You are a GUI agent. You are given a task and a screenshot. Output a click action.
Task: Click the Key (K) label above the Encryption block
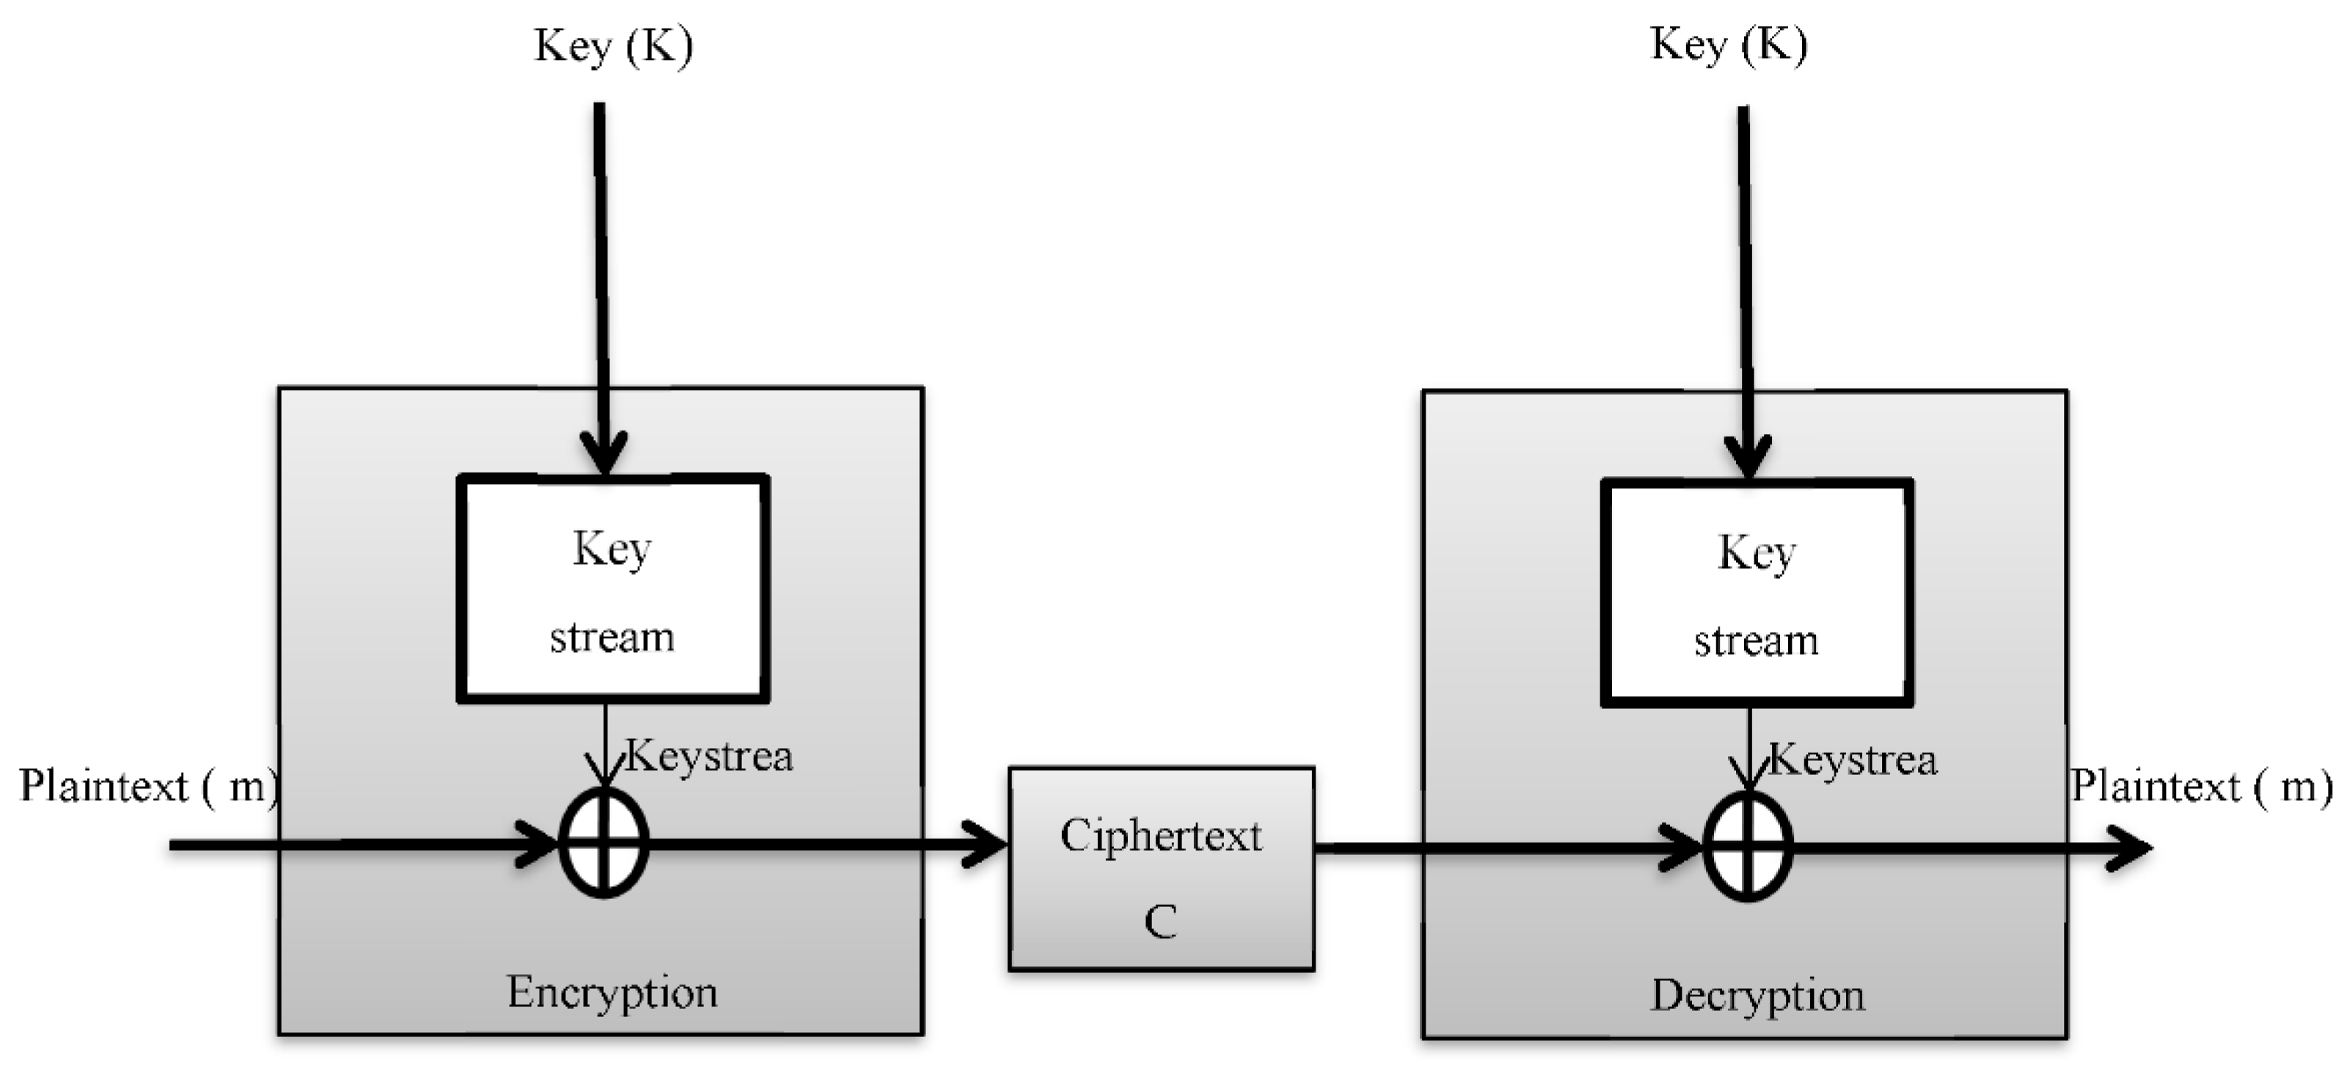613,45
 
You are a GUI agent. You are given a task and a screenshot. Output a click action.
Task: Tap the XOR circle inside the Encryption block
603,844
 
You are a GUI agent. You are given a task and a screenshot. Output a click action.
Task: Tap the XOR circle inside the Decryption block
1747,847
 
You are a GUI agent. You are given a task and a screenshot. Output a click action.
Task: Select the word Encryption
612,992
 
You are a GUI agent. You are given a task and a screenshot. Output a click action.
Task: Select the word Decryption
1757,996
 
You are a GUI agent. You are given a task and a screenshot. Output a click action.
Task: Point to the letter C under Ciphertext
1160,922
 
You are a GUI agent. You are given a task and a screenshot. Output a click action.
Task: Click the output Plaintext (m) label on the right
2201,786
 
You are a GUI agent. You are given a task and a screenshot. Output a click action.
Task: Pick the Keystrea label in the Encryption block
709,757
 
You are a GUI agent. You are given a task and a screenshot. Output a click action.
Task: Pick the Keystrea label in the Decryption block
1853,761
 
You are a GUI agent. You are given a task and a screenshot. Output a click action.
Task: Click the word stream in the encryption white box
612,638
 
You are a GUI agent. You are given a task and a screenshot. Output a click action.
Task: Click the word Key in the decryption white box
1757,553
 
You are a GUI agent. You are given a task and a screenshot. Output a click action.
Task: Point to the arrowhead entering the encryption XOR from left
538,844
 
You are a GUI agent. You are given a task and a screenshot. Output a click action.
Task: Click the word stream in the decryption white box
1756,641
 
